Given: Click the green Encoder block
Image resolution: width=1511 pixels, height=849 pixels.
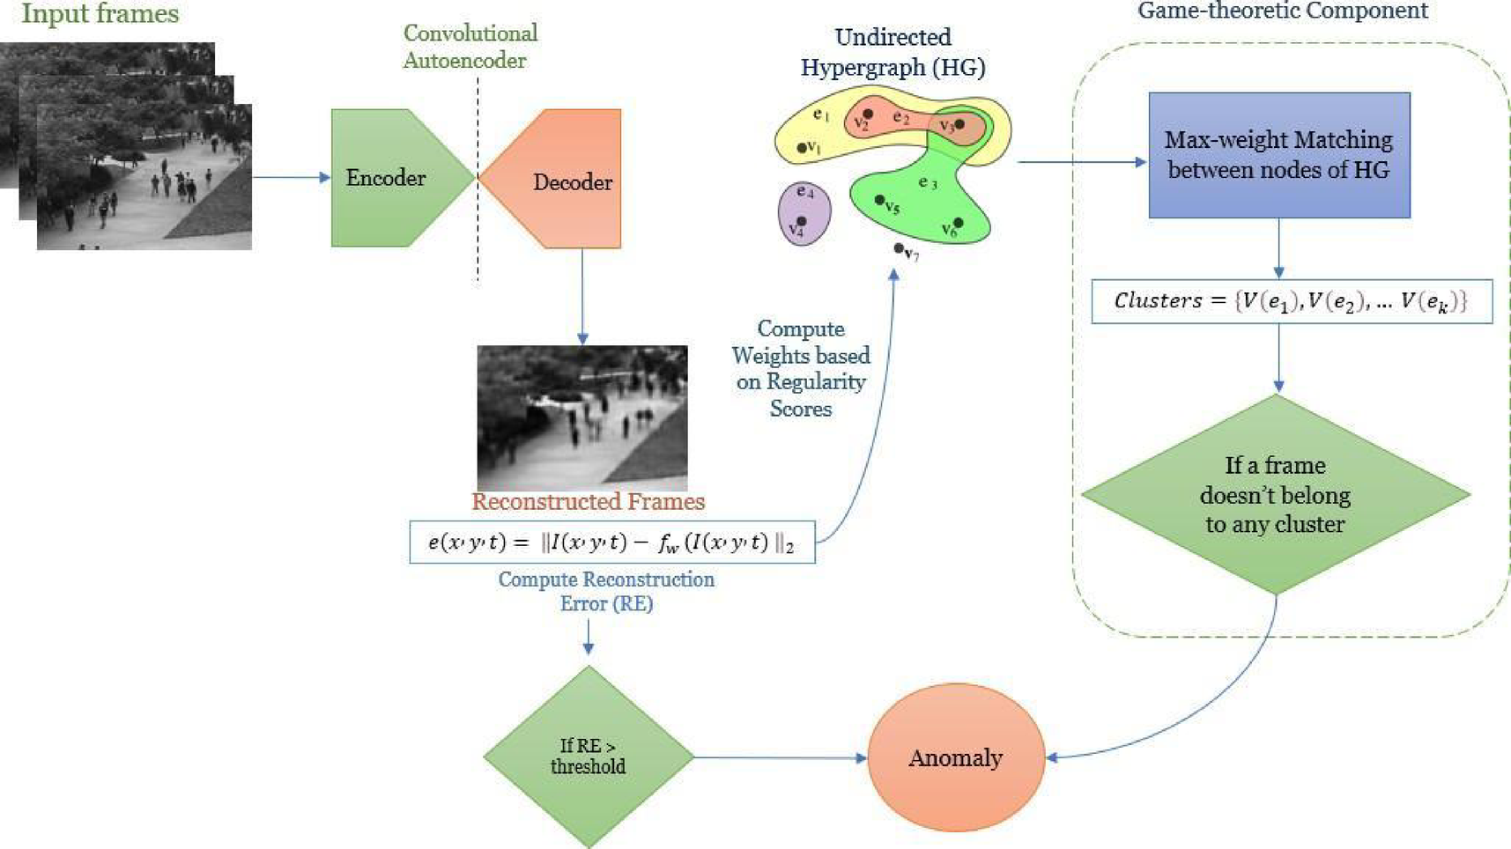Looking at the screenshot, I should pos(388,178).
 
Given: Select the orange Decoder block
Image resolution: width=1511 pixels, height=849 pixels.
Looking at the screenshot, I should pos(564,180).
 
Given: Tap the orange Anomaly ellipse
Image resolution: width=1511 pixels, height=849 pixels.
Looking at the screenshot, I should pos(956,757).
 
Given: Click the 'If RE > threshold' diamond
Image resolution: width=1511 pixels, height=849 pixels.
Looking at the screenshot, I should pos(589,757).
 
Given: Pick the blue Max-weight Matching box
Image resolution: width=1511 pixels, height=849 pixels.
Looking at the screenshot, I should pos(1278,155).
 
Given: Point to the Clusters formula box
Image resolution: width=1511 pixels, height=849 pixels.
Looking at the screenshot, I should pos(1291,301).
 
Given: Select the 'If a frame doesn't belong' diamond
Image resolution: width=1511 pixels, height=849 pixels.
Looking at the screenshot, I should pos(1275,494).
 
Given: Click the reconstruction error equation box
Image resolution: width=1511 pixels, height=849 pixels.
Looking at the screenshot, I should pos(611,543).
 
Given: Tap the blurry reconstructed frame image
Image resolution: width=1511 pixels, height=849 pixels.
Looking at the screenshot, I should pos(581,416).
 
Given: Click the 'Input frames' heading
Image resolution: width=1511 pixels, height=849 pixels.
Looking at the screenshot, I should pos(100,14).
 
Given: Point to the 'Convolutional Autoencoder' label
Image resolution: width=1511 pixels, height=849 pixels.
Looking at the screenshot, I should pos(470,47).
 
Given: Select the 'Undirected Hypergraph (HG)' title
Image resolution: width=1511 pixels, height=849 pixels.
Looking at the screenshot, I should pos(893,52).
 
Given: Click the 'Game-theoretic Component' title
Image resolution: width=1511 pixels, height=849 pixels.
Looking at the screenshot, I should pos(1282,11).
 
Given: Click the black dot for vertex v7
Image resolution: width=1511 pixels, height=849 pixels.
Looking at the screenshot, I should pos(899,249).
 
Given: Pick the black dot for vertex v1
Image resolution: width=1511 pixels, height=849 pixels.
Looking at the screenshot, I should pos(802,148).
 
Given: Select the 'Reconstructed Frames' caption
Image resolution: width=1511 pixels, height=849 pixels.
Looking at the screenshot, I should pos(588,502).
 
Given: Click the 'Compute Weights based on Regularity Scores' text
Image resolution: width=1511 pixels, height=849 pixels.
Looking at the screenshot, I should pos(800,368).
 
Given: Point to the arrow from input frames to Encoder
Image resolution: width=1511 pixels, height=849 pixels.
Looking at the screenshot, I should pos(291,177).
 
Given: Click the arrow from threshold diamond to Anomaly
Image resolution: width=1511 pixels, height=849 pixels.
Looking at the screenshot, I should pos(780,757).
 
